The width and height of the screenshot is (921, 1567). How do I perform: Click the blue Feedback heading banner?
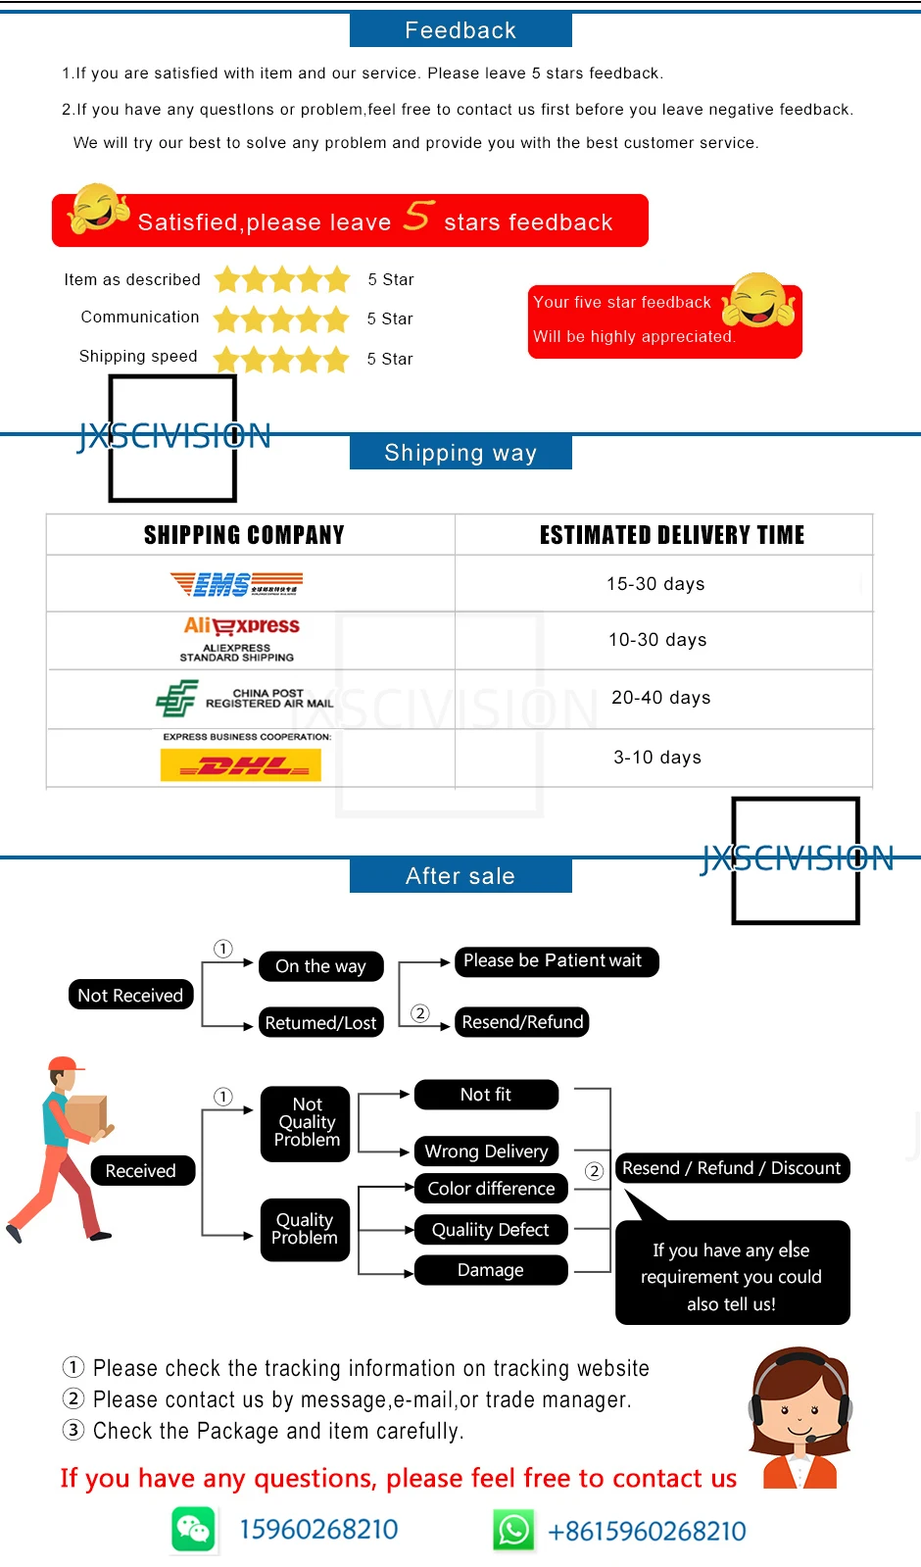coord(460,30)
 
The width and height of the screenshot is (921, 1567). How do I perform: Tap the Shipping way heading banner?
coord(460,453)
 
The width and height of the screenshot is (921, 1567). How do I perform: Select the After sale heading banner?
coord(460,875)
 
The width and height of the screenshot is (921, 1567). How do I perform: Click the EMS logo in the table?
coord(236,584)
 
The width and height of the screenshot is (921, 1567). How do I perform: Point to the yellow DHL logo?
coord(241,765)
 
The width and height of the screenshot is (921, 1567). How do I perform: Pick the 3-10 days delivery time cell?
coord(657,758)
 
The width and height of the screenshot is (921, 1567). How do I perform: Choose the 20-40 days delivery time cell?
coord(661,698)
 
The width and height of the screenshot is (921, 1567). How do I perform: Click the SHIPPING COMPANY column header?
coord(244,535)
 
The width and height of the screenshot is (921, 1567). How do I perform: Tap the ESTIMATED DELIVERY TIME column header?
coord(672,535)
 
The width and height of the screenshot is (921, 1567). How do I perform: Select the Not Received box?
coord(130,995)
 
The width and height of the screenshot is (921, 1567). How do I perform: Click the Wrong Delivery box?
coord(486,1151)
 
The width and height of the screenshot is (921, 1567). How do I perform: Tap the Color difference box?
coord(491,1189)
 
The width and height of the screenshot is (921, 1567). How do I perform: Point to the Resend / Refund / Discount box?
coord(732,1168)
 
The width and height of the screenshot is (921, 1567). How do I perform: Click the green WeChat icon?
coord(193,1530)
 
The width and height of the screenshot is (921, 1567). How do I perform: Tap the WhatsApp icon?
coord(514,1530)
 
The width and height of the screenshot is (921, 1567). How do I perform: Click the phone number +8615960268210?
coord(647,1531)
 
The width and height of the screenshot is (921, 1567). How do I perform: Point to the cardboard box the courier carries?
coord(85,1117)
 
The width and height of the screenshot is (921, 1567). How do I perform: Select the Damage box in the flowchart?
coord(491,1270)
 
